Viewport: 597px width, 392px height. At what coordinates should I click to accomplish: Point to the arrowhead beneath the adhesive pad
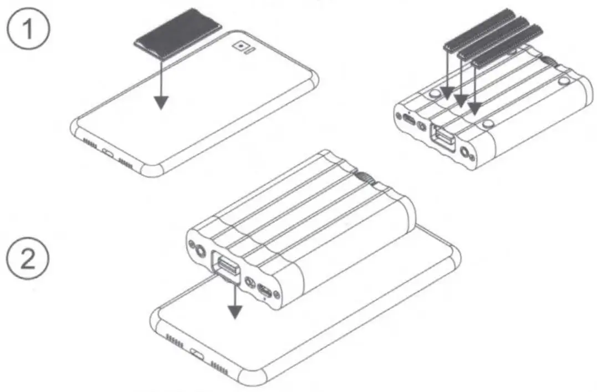161,102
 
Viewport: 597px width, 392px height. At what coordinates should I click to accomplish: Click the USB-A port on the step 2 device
224,264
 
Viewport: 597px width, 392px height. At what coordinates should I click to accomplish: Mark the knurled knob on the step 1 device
550,60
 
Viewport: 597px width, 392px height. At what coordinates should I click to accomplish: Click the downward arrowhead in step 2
236,312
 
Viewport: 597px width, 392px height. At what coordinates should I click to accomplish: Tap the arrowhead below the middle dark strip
461,100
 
